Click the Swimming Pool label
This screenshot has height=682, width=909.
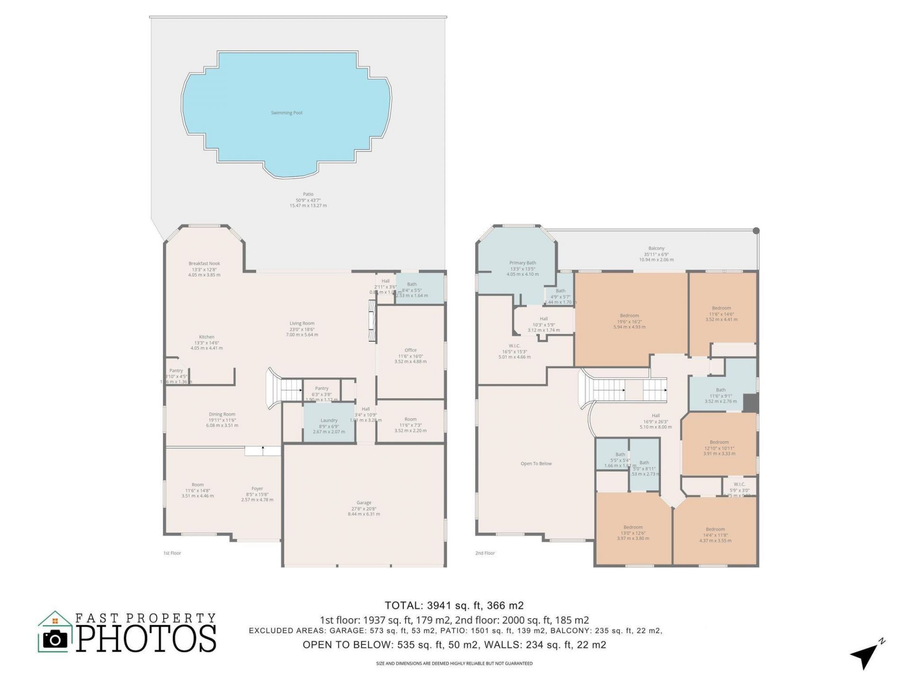[286, 113]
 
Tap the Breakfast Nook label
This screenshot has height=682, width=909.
[204, 264]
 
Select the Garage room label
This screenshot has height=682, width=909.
[364, 503]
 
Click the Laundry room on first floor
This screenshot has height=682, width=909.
[329, 423]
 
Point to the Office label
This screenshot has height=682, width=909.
[410, 350]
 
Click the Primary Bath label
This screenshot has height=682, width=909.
[523, 263]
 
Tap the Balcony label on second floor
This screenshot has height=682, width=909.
[656, 249]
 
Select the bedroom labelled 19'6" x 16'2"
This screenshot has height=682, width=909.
[629, 321]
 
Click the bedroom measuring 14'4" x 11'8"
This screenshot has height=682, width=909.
[715, 534]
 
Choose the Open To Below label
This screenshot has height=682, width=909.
[536, 464]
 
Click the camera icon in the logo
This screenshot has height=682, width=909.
[55, 639]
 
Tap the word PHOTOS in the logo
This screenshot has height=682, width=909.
[146, 638]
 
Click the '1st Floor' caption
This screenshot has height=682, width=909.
[172, 553]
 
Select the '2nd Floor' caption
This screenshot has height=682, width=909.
[485, 553]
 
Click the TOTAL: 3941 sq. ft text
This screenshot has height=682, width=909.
[454, 605]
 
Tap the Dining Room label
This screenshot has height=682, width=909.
[222, 414]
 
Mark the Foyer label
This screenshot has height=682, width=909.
[257, 489]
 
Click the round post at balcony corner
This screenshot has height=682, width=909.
[756, 231]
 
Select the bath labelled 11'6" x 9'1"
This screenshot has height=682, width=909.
[721, 395]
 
